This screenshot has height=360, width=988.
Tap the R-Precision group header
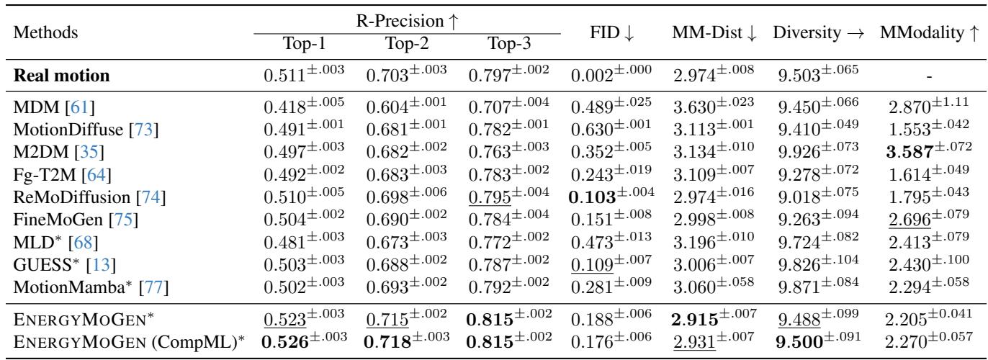[x=408, y=20]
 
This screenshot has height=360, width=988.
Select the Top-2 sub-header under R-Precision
[x=408, y=42]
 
